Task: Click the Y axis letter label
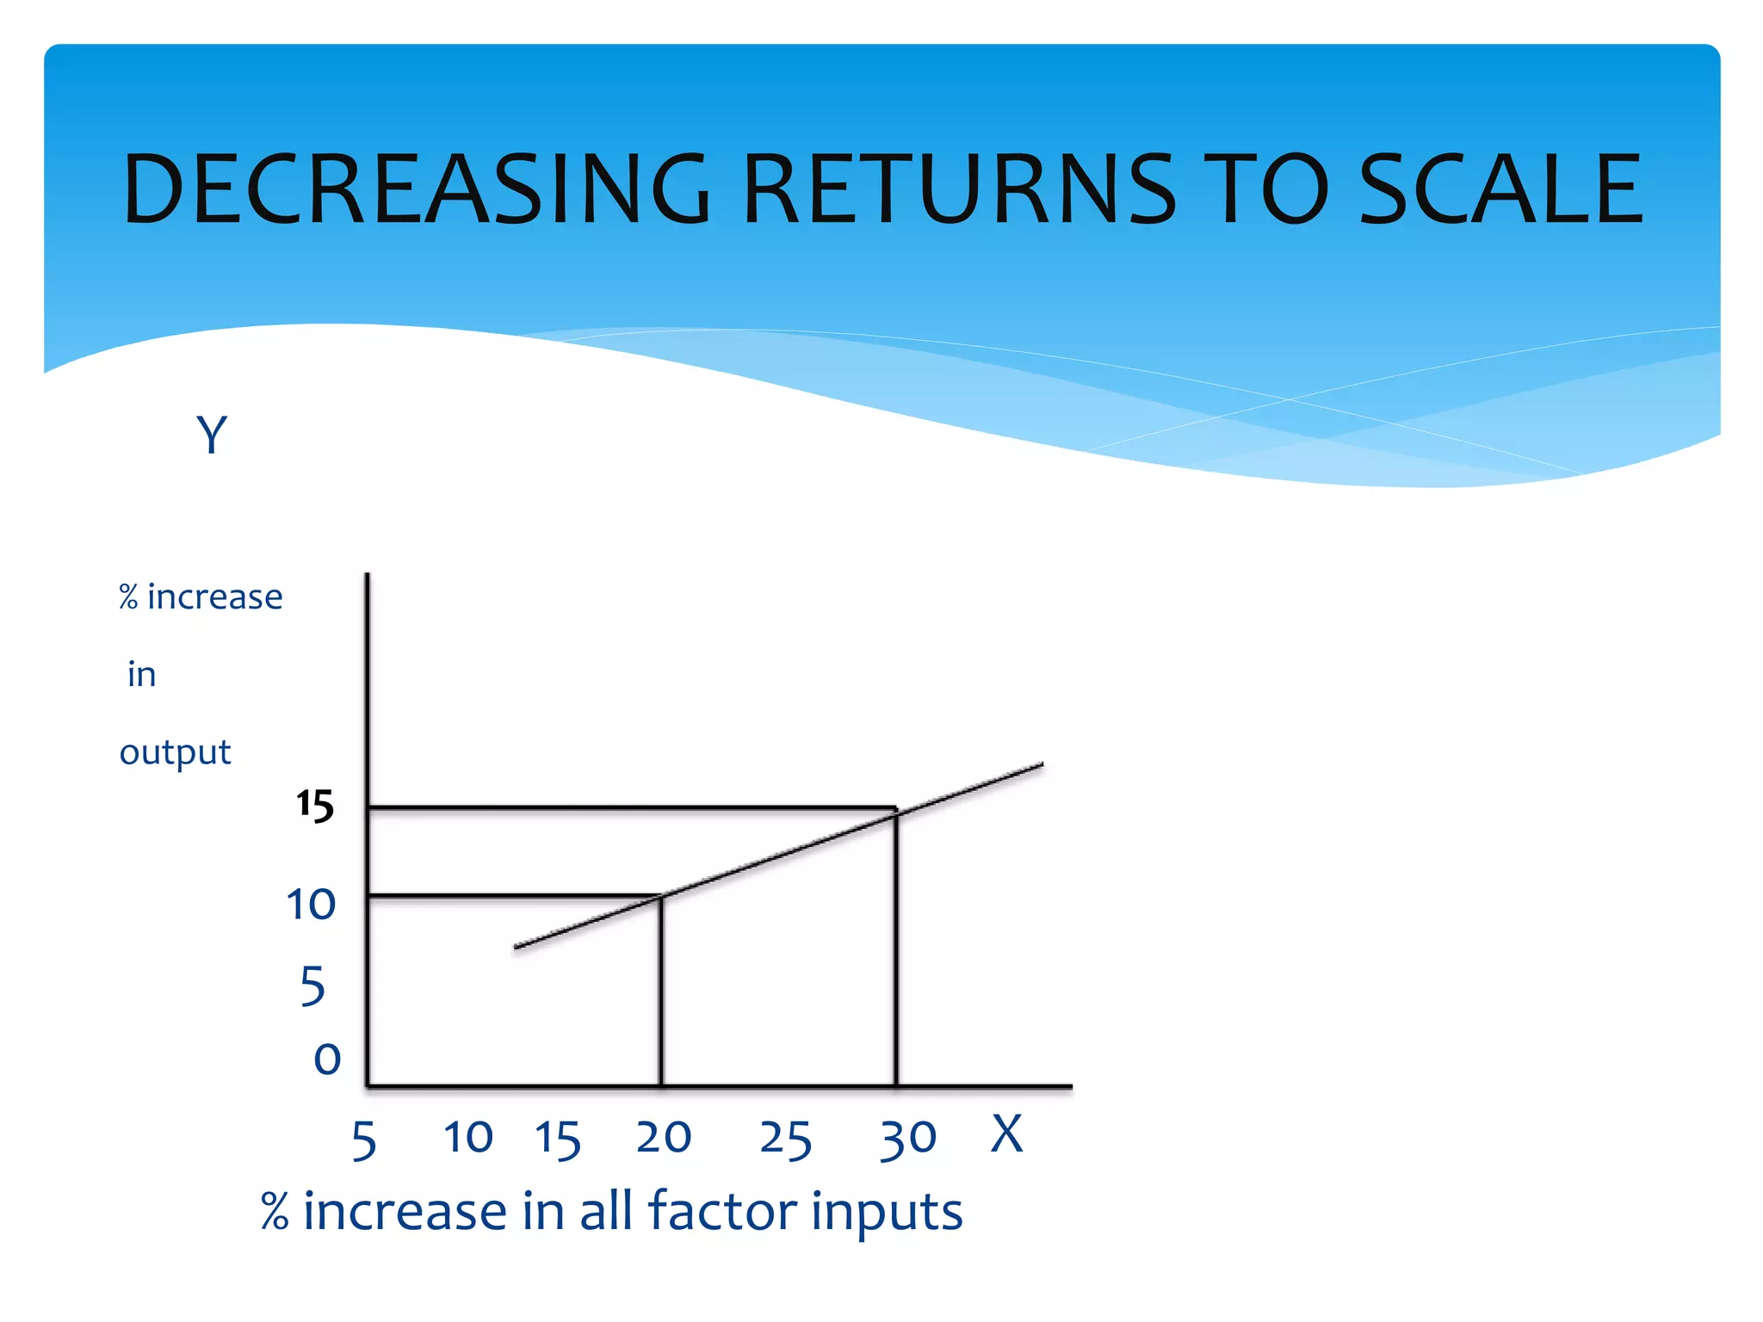[x=212, y=435]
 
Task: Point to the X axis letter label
[x=1006, y=1134]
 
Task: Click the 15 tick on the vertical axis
[x=315, y=806]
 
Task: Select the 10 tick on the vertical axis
[x=311, y=905]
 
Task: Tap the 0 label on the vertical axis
[x=327, y=1059]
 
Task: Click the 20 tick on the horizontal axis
[x=663, y=1137]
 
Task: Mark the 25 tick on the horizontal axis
[x=785, y=1140]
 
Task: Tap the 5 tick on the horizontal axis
[x=364, y=1141]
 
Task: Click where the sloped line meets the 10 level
[x=661, y=896]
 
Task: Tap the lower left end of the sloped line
[x=516, y=947]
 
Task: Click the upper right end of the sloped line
[x=1042, y=764]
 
